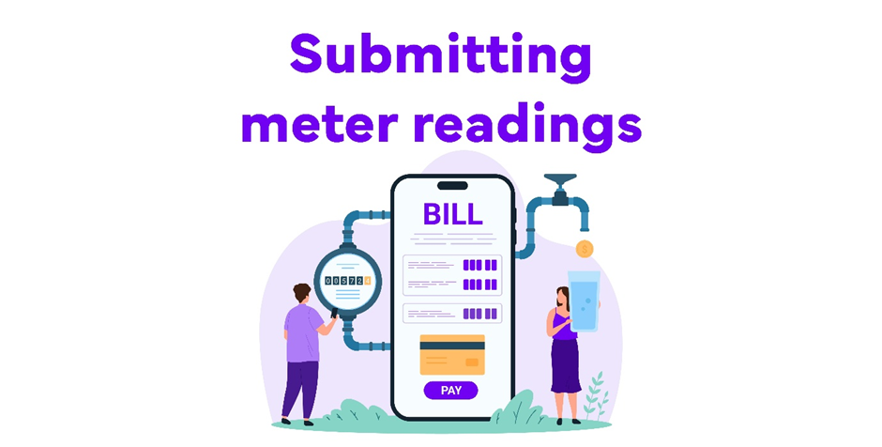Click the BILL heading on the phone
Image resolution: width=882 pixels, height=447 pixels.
pyautogui.click(x=452, y=214)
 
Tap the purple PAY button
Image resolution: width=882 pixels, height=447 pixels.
pyautogui.click(x=451, y=390)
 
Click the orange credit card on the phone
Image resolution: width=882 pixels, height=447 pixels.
pyautogui.click(x=452, y=355)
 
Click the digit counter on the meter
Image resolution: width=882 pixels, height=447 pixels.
pyautogui.click(x=347, y=281)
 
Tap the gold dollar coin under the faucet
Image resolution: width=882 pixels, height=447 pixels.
pyautogui.click(x=585, y=249)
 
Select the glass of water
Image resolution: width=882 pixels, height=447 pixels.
pyautogui.click(x=584, y=301)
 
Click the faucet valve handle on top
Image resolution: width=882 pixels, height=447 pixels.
pyautogui.click(x=560, y=178)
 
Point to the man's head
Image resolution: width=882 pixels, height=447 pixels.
pyautogui.click(x=301, y=293)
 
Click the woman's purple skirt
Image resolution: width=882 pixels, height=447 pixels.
pyautogui.click(x=566, y=365)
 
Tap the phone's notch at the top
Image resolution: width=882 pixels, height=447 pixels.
pyautogui.click(x=452, y=186)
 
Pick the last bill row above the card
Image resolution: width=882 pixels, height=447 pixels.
pyautogui.click(x=452, y=314)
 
